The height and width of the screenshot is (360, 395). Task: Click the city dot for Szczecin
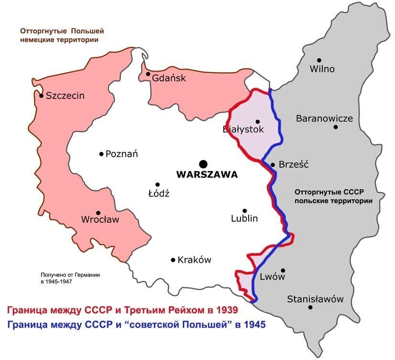(42, 96)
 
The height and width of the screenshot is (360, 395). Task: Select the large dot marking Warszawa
(204, 164)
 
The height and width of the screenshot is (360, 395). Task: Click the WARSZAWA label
(207, 175)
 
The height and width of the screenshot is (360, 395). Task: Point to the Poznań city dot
(101, 154)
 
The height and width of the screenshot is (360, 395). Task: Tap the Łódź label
(160, 194)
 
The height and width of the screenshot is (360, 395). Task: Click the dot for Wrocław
(98, 213)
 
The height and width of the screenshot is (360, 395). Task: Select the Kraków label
(194, 260)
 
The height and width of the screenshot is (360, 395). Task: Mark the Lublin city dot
(244, 211)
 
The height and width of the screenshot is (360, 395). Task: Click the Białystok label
(243, 129)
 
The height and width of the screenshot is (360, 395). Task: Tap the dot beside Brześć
(273, 165)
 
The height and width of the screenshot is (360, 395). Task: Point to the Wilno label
(322, 69)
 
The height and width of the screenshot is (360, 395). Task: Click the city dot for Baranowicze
(336, 127)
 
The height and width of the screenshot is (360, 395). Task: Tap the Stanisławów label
(315, 299)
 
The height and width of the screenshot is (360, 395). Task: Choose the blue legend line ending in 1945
(136, 324)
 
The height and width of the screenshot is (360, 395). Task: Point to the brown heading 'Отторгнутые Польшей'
(62, 31)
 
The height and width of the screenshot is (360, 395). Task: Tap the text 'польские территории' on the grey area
(333, 201)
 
